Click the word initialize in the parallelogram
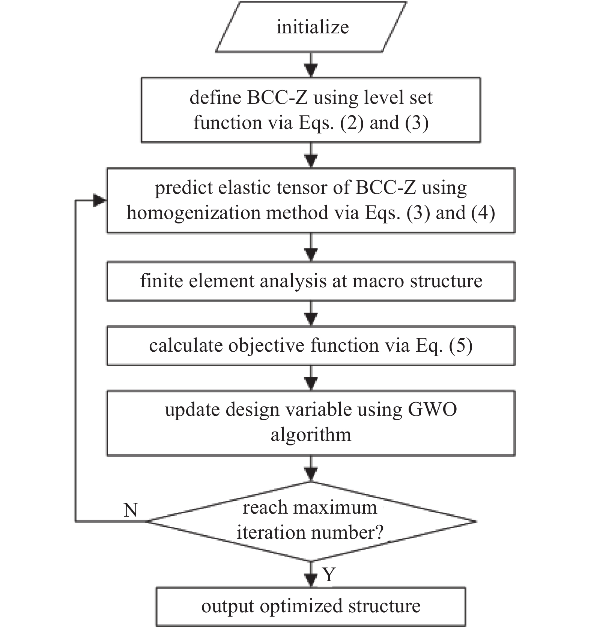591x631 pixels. tap(313, 27)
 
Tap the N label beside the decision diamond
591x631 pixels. tap(131, 510)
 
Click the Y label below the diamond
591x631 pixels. tap(329, 574)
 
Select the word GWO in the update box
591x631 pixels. tap(432, 409)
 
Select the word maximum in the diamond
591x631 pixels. tap(335, 508)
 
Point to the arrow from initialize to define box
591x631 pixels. tap(311, 65)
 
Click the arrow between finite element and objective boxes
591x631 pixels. tap(311, 313)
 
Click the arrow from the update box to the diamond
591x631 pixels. tap(311, 469)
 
